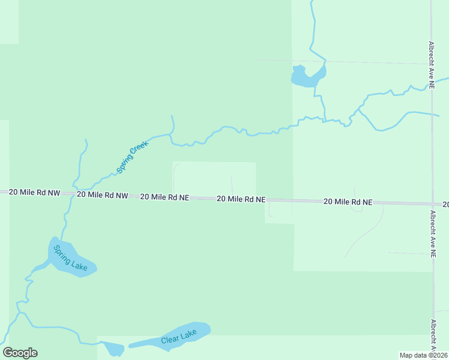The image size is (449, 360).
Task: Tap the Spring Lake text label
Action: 70,257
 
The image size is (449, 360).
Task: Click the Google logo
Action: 20,353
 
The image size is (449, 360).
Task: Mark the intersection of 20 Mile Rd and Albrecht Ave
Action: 432,204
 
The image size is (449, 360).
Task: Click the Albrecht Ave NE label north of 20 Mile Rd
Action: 432,65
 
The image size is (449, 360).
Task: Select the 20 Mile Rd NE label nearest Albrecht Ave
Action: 348,202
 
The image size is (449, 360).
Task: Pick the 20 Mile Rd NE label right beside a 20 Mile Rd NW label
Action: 164,197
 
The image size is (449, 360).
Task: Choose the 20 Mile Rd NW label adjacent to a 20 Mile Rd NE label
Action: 103,195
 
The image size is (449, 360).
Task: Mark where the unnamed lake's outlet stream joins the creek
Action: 324,121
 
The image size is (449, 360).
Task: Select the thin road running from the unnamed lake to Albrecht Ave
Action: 378,62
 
